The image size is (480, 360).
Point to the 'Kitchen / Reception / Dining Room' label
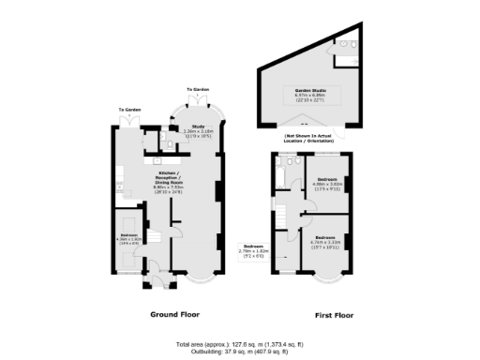click(x=168, y=179)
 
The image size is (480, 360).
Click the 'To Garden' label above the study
click(x=198, y=90)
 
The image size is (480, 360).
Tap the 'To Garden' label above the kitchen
click(x=128, y=110)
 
